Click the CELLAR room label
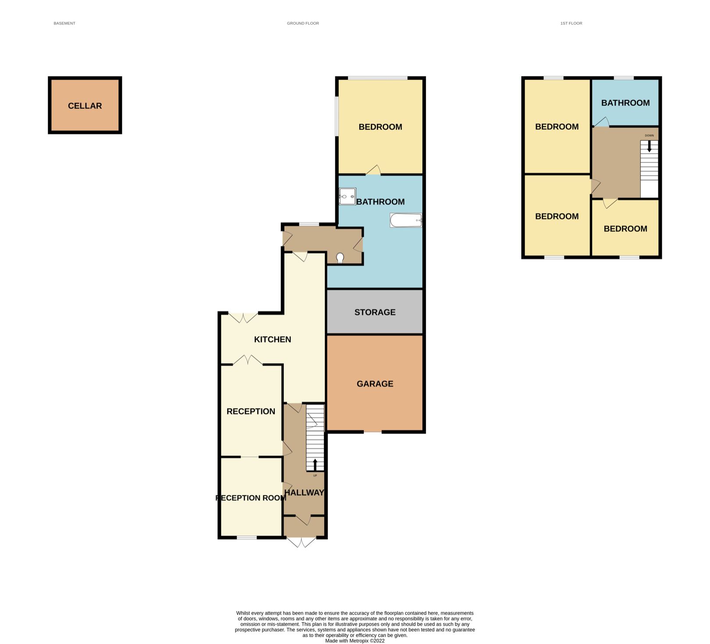click(x=85, y=106)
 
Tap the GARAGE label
click(x=375, y=384)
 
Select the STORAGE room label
click(x=375, y=312)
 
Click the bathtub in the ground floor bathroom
click(x=406, y=221)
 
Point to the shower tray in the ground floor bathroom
click(x=347, y=196)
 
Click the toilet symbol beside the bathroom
click(x=340, y=258)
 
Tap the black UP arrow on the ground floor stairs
click(x=315, y=465)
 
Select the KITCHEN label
click(x=273, y=339)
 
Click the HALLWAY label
click(x=304, y=492)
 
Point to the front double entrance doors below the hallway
click(x=302, y=542)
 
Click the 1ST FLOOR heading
click(x=571, y=23)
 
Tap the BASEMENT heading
click(x=64, y=23)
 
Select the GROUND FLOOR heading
click(x=303, y=23)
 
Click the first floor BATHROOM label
click(x=625, y=103)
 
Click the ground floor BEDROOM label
click(x=380, y=127)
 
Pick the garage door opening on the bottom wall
click(x=373, y=432)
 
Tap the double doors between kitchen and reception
click(x=248, y=360)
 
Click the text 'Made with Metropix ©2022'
click(x=355, y=640)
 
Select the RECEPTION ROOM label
click(x=251, y=498)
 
